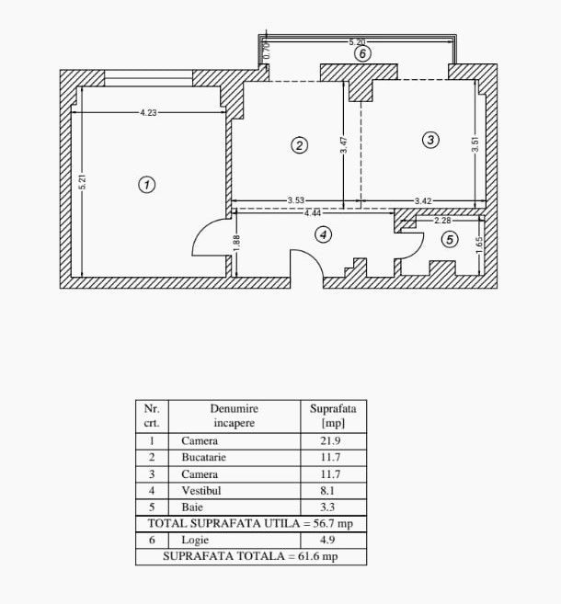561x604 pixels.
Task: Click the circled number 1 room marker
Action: (147, 185)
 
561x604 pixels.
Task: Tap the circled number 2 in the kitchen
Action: (300, 145)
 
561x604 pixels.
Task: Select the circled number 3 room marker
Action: (430, 140)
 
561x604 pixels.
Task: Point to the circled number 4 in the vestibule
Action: (324, 234)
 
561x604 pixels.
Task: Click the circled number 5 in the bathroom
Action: (450, 240)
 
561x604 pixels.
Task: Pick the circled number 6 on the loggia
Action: (362, 53)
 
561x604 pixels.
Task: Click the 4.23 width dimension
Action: (148, 112)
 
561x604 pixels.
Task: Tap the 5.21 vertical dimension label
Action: (82, 182)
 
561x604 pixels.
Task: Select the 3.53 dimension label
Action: (296, 200)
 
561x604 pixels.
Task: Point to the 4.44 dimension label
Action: (313, 213)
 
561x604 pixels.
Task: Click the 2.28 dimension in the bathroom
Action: (442, 221)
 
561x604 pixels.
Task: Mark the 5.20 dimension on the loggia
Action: (357, 41)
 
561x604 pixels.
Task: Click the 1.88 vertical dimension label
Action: (236, 243)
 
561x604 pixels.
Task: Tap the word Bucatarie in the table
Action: (204, 457)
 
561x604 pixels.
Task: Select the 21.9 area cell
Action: (330, 440)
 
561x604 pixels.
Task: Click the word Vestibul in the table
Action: (201, 490)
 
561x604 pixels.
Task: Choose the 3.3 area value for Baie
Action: (327, 507)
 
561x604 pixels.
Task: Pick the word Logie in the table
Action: (195, 540)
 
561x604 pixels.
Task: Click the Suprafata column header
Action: (333, 409)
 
